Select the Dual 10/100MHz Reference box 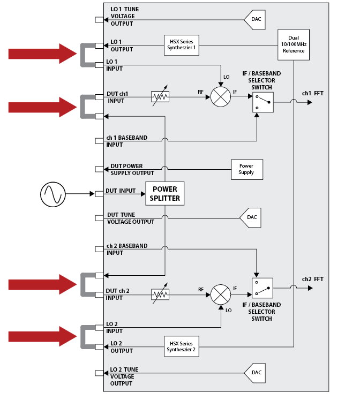tap(294, 44)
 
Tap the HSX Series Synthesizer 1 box tap(181, 45)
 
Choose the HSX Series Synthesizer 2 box tap(181, 346)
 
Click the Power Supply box tap(246, 169)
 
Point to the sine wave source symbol tap(52, 193)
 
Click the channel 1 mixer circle tap(220, 96)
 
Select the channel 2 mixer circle tap(220, 293)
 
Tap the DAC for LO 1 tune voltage tap(255, 20)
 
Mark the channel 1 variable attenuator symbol tap(160, 96)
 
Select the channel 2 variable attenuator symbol tap(160, 293)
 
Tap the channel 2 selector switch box tap(262, 289)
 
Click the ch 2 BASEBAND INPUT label tap(126, 249)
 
